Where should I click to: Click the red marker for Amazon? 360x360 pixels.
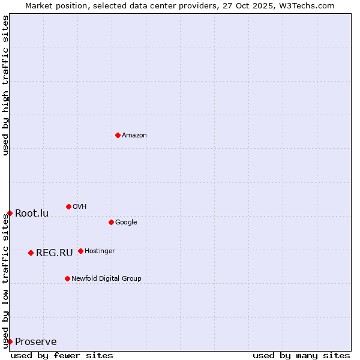118,135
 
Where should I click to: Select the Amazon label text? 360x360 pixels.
134,136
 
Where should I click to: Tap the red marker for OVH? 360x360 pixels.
68,206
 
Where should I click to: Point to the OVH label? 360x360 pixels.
80,207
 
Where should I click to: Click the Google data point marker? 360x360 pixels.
111,222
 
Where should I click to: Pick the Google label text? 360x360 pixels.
126,223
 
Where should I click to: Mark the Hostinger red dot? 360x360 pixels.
80,251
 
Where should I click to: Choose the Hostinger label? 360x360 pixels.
100,251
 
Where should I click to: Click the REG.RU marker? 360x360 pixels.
31,253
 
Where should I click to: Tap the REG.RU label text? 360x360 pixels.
55,253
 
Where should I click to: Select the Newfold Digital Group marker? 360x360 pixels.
67,278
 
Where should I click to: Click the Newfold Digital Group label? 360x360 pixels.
106,279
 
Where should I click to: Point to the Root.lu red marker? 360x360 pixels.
10,213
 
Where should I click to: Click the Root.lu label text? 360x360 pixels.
32,214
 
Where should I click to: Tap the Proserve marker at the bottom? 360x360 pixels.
10,341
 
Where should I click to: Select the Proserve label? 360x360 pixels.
36,342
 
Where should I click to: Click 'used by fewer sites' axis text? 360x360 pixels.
62,355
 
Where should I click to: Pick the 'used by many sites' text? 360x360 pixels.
301,355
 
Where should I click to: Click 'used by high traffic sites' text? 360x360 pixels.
5,85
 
